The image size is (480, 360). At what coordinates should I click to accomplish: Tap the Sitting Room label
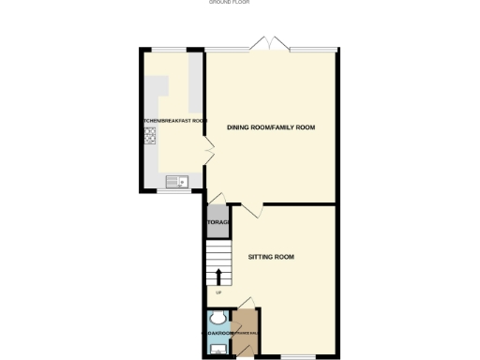click(x=271, y=256)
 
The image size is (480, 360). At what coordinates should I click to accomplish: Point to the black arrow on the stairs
click(x=219, y=276)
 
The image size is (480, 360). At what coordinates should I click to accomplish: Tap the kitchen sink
click(x=175, y=181)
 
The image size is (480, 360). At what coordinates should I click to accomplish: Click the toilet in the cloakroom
click(x=215, y=317)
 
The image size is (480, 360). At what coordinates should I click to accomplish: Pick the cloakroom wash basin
click(x=217, y=348)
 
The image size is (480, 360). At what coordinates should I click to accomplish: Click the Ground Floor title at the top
click(x=229, y=3)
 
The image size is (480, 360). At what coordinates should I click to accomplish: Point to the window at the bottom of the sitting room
click(x=298, y=357)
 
